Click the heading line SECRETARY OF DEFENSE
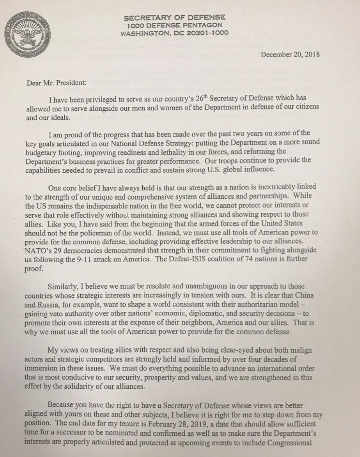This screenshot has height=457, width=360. [x=175, y=17]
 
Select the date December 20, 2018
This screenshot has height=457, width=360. [x=290, y=55]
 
